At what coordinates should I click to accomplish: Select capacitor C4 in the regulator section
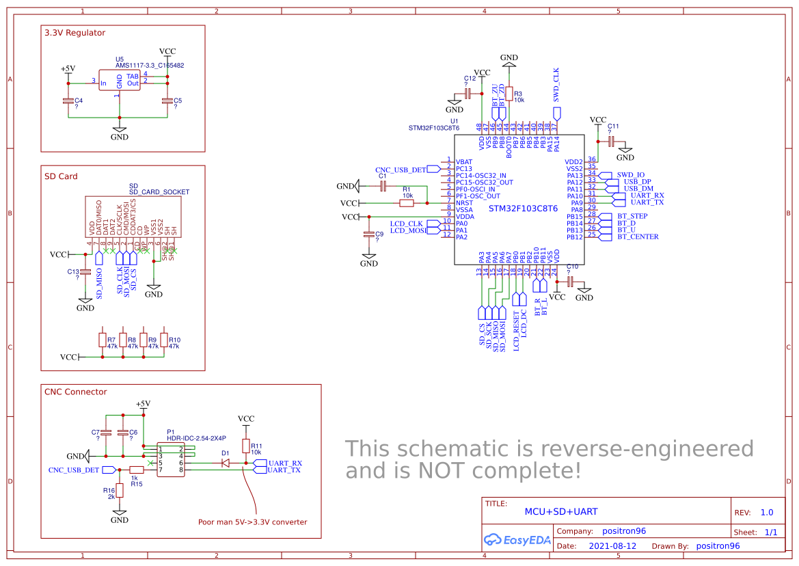click(x=68, y=101)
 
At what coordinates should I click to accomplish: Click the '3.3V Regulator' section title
click(x=75, y=33)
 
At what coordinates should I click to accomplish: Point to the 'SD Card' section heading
click(x=61, y=176)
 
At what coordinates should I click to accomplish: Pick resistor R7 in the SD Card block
click(x=103, y=340)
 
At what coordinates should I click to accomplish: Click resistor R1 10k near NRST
click(x=407, y=203)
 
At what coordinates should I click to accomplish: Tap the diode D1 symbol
click(x=225, y=463)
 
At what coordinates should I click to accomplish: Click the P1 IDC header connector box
click(x=172, y=459)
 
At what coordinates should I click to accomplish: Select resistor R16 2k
click(x=120, y=490)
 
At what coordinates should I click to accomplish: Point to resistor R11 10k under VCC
click(x=246, y=446)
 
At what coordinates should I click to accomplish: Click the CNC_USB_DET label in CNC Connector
click(x=73, y=470)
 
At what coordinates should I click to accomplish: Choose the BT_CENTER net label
click(x=638, y=237)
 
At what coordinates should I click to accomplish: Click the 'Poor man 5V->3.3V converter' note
click(x=252, y=522)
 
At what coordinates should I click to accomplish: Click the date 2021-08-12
click(x=612, y=546)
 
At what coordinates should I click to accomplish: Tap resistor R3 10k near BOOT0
click(x=509, y=94)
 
